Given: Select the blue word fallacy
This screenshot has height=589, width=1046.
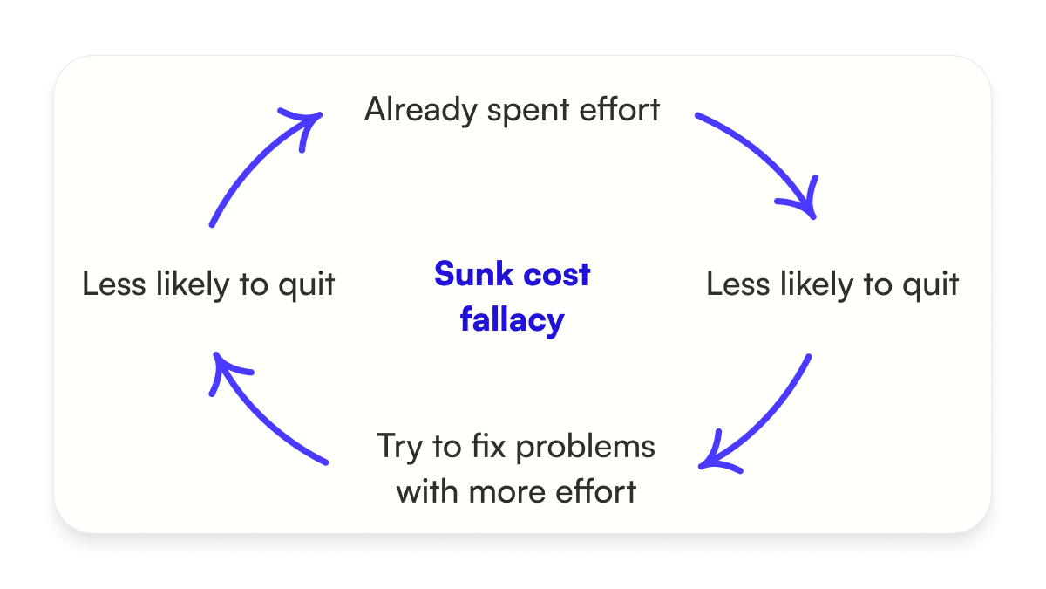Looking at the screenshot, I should click(x=513, y=320).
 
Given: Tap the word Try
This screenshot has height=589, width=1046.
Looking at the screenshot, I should click(x=397, y=447).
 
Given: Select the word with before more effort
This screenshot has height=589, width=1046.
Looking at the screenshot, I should click(x=428, y=490).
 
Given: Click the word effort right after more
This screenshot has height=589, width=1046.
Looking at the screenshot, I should click(x=596, y=490).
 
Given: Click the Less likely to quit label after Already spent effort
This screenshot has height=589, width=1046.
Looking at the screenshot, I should click(x=832, y=285).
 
